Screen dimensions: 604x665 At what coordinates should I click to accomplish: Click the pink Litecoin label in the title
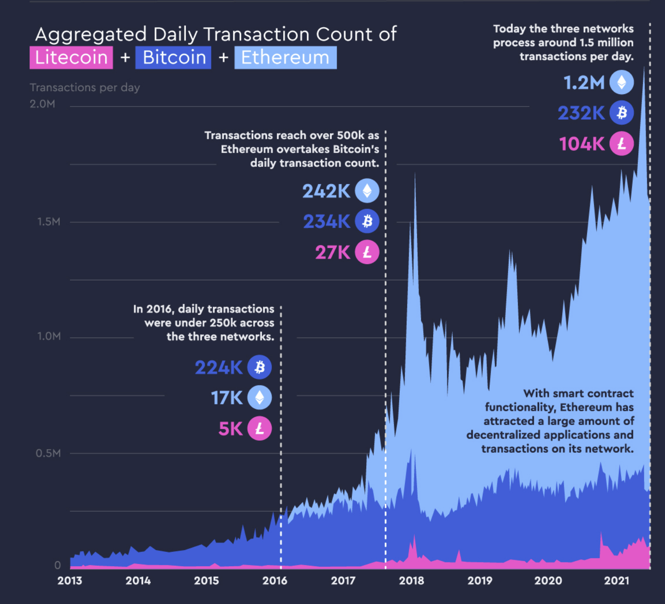point(71,58)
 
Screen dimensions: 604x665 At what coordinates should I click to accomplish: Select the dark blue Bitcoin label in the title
point(173,58)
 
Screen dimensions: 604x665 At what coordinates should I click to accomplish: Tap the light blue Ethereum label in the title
point(285,58)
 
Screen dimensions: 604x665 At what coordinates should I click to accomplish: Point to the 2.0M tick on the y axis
point(42,104)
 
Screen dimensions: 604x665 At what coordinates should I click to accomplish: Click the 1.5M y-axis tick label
point(48,222)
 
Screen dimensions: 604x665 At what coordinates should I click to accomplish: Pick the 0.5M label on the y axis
point(48,453)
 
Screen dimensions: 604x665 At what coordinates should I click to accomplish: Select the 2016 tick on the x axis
point(275,580)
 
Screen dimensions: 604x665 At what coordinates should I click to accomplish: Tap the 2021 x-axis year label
point(617,580)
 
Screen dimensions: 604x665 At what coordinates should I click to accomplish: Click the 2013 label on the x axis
point(70,580)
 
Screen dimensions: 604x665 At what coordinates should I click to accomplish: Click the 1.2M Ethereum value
point(584,83)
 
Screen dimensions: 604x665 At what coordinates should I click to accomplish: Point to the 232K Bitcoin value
point(581,113)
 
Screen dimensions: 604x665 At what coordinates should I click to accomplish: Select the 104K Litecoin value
point(582,144)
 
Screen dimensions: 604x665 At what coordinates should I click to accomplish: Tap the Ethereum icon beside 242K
point(367,191)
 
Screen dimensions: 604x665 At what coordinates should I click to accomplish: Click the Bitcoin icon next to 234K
point(367,221)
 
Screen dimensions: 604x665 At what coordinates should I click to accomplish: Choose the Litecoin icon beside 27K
point(367,252)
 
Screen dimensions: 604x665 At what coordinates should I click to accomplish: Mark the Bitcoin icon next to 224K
point(260,367)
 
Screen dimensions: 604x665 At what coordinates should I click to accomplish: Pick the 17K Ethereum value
point(226,398)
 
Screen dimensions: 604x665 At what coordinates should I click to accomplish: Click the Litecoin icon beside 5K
point(260,428)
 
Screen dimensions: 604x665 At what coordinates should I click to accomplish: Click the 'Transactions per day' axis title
point(85,88)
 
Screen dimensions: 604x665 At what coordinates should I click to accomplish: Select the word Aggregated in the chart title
point(91,35)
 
